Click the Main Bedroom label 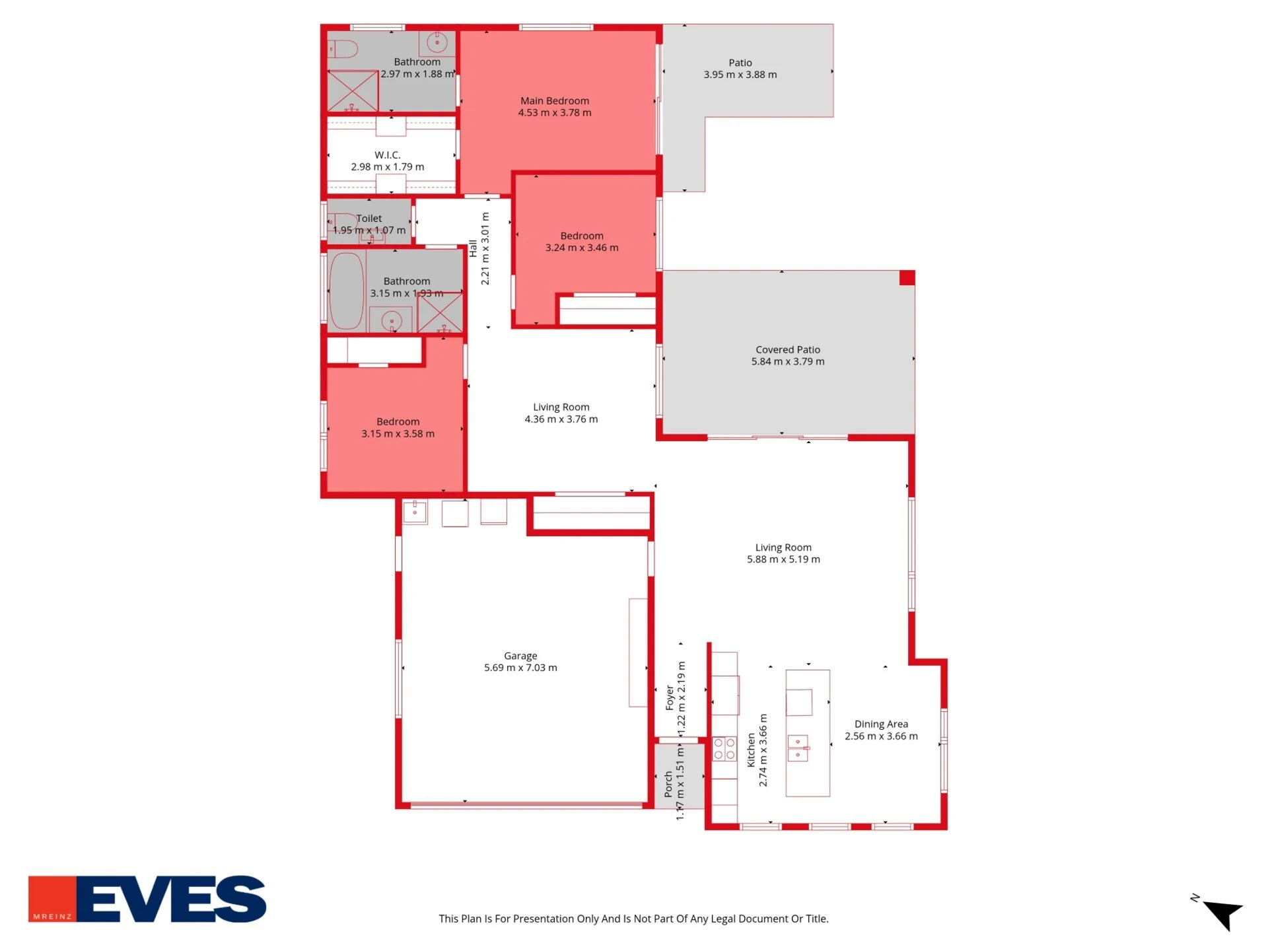pos(554,101)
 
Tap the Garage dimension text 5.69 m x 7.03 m pos(520,668)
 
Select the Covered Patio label pos(788,350)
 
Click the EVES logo pos(147,899)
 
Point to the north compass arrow pos(1223,913)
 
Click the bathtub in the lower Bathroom pos(347,291)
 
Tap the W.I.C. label pos(388,155)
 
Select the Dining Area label pos(881,724)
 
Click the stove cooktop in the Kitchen pos(724,749)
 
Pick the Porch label pos(668,784)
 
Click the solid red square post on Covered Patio pos(907,277)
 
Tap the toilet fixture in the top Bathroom pos(343,49)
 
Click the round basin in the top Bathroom pos(437,43)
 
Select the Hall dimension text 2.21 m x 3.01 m pos(485,249)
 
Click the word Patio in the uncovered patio pos(740,63)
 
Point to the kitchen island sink pos(798,748)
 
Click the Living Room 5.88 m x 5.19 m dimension pos(783,559)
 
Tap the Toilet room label pos(369,219)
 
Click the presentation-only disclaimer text pos(633,919)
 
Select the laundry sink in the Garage pos(415,512)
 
